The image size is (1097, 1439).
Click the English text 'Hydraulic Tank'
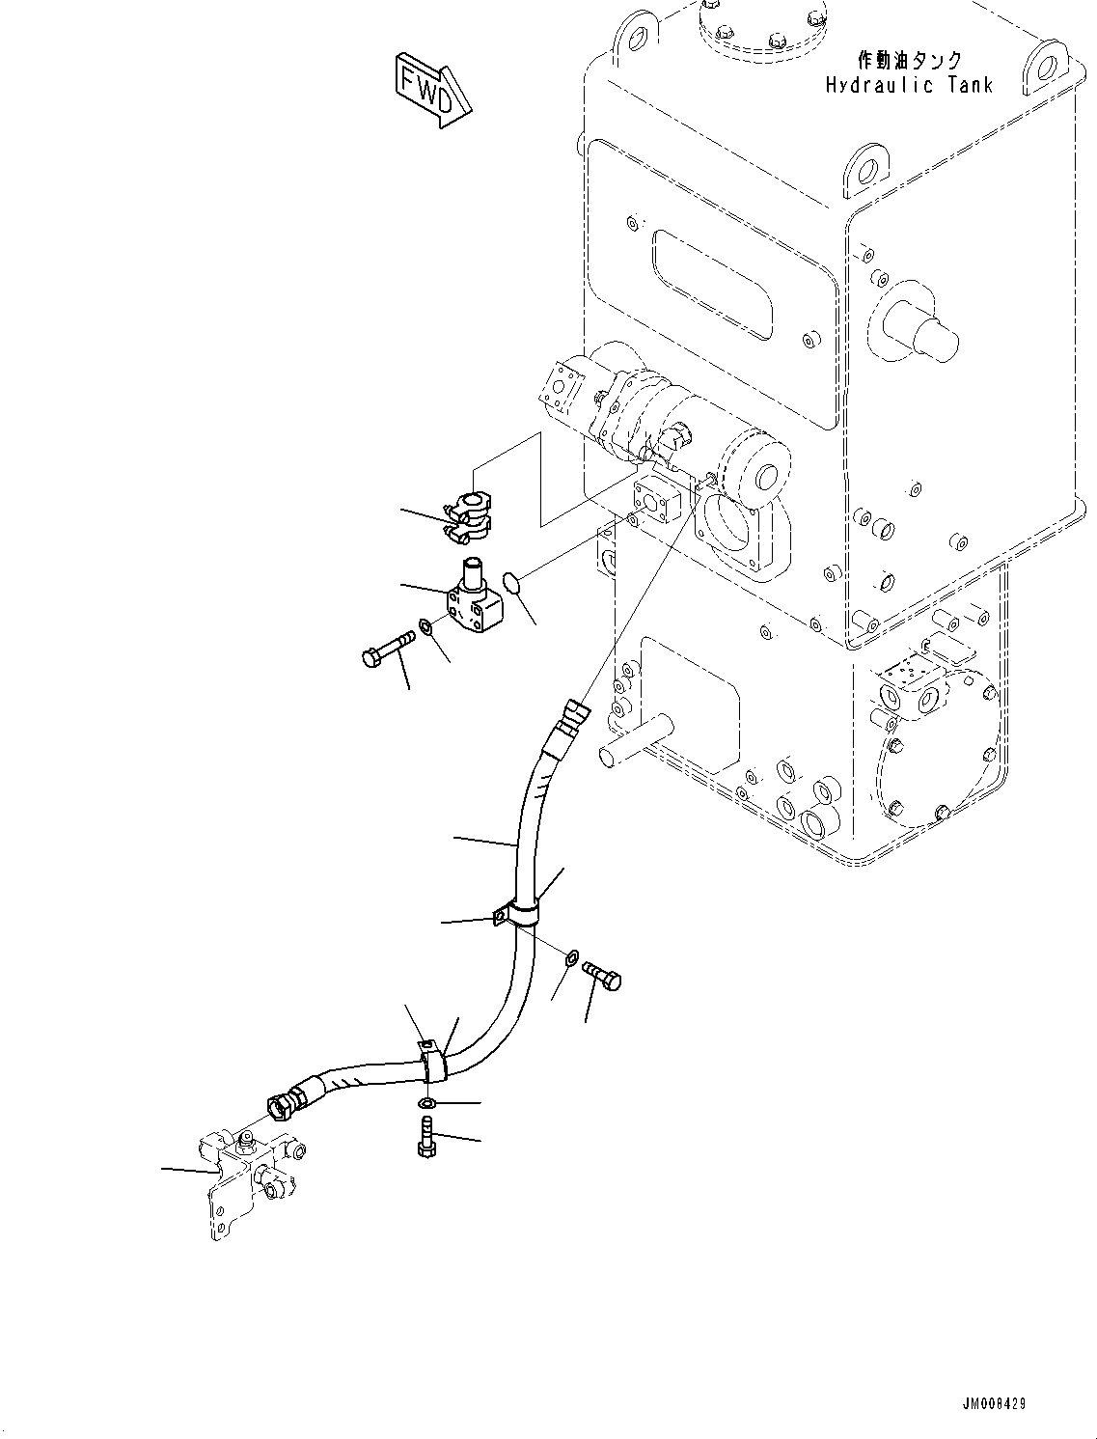pyautogui.click(x=908, y=86)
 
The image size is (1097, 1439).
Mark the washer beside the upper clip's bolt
pyautogui.click(x=572, y=957)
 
